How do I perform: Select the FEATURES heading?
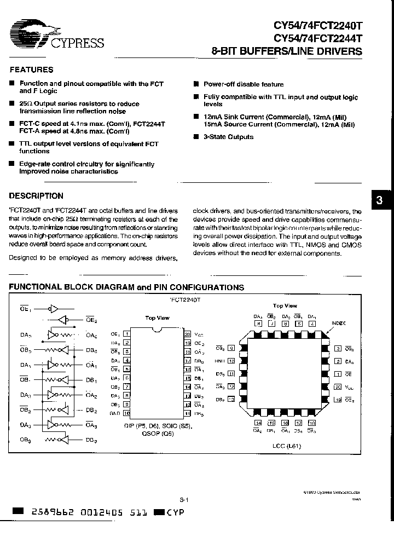[x=32, y=70]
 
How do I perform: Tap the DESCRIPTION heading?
[x=37, y=195]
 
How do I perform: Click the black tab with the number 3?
[x=381, y=201]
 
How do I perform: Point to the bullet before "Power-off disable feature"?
[x=196, y=84]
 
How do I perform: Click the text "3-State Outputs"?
[x=228, y=137]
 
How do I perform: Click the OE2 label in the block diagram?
[x=91, y=320]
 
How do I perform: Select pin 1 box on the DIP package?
[x=126, y=333]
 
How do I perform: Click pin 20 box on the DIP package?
[x=187, y=333]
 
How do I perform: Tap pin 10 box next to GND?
[x=126, y=413]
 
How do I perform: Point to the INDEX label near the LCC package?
[x=338, y=324]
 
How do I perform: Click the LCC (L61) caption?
[x=287, y=446]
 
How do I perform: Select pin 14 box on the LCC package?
[x=258, y=422]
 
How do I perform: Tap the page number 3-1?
[x=184, y=499]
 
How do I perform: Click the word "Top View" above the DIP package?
[x=157, y=318]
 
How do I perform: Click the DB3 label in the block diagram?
[x=91, y=440]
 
